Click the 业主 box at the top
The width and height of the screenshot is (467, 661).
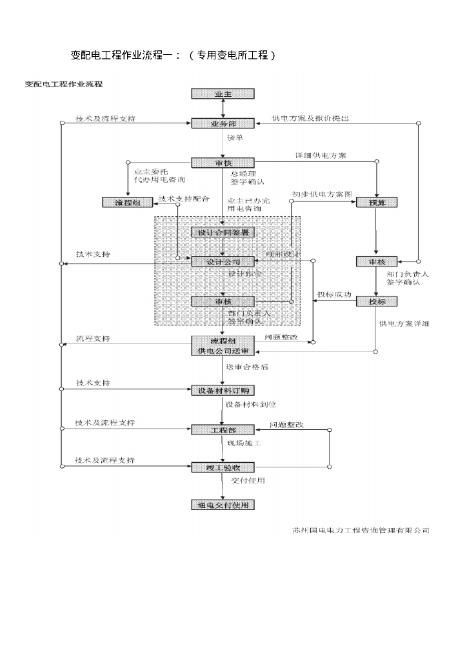(223, 94)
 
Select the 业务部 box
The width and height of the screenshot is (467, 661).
(223, 123)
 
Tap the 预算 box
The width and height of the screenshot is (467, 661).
(376, 203)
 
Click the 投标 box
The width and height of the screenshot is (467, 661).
(376, 301)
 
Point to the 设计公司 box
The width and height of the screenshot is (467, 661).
(223, 262)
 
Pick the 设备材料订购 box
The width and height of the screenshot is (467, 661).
(223, 391)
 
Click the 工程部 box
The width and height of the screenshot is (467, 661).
(223, 430)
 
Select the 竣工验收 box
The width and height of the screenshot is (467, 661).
(223, 467)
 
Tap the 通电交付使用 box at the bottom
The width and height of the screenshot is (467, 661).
(223, 505)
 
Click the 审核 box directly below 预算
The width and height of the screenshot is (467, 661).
(376, 261)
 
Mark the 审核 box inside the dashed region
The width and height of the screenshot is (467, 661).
(223, 301)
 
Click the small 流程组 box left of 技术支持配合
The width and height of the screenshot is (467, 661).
(127, 203)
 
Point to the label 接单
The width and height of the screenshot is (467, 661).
(235, 137)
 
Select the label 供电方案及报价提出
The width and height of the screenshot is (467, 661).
(310, 118)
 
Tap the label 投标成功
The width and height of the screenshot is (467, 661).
(334, 294)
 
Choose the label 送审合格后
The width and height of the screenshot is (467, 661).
(247, 367)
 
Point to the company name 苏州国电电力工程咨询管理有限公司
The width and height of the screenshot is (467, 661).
(360, 531)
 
